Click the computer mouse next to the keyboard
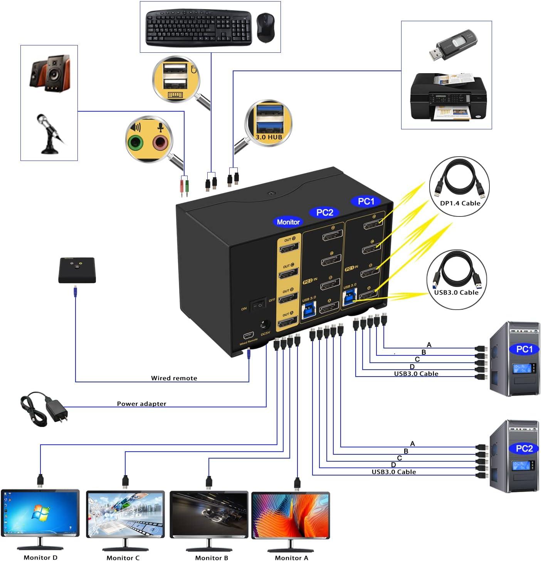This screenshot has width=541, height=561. click(x=265, y=27)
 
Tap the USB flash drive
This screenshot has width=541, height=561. click(x=453, y=45)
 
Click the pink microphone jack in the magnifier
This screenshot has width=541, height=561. click(x=161, y=143)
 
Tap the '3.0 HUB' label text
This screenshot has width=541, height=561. click(x=269, y=137)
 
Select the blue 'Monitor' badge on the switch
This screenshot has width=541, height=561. click(x=288, y=222)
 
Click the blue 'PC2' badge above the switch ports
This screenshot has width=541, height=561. click(x=324, y=213)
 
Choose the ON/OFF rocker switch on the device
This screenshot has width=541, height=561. click(x=257, y=305)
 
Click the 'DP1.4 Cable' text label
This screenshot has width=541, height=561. click(x=460, y=203)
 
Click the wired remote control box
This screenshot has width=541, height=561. click(x=77, y=270)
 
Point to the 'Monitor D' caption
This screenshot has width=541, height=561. click(x=40, y=558)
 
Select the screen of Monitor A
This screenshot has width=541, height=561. click(x=291, y=515)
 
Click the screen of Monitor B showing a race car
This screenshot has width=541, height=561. click(x=209, y=514)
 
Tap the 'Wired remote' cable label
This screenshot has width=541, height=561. click(x=174, y=378)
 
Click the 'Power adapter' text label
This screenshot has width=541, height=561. click(x=141, y=404)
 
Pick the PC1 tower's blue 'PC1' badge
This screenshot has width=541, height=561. click(x=524, y=349)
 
